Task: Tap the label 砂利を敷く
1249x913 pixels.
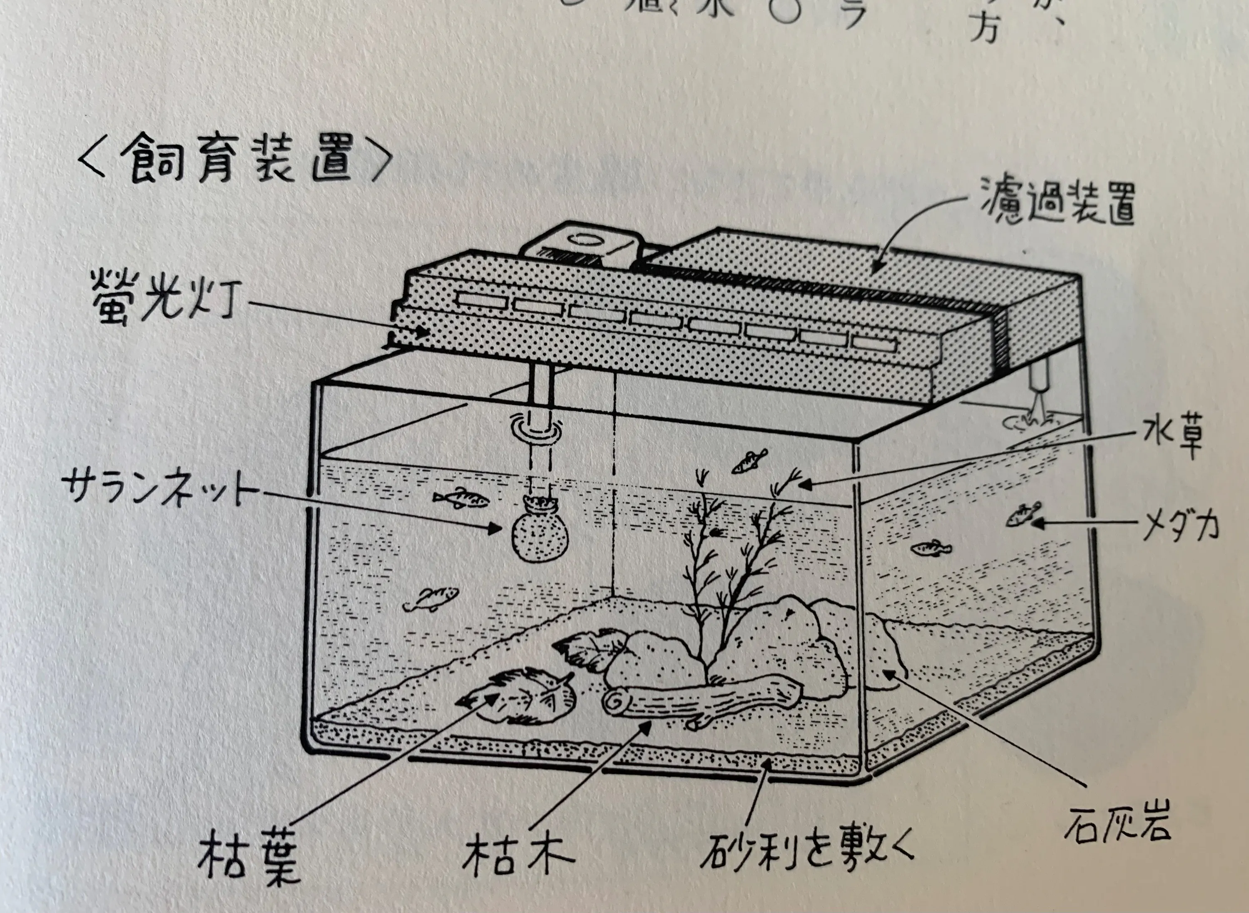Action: coord(806,857)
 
